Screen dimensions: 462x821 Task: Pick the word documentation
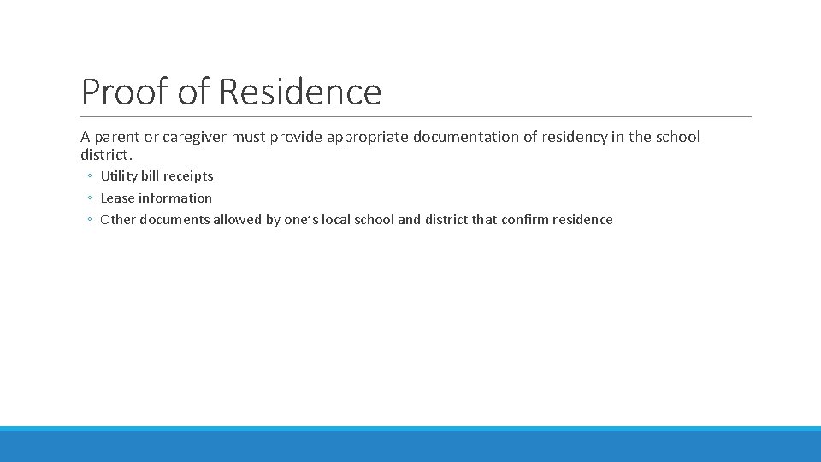tap(476, 138)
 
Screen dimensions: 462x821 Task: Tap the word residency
tap(575, 138)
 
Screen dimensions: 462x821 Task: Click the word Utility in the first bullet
tap(119, 176)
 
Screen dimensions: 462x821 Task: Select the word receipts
tap(188, 176)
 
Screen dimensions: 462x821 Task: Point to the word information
tap(175, 198)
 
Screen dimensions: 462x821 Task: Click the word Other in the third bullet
tap(117, 220)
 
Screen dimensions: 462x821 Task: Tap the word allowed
tap(239, 220)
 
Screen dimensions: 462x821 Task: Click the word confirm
tap(524, 220)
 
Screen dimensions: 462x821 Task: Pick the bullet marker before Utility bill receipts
tap(89, 177)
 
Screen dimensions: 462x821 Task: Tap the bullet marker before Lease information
tap(89, 198)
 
